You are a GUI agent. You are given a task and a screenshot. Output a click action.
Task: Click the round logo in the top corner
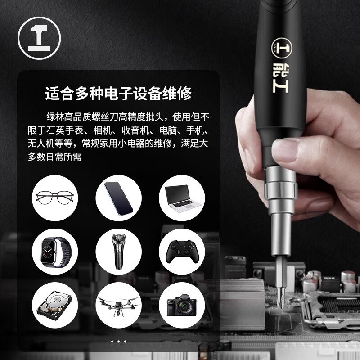click(39, 39)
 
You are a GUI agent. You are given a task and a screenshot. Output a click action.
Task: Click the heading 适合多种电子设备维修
click(118, 94)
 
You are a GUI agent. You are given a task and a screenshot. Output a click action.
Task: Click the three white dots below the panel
click(118, 342)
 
